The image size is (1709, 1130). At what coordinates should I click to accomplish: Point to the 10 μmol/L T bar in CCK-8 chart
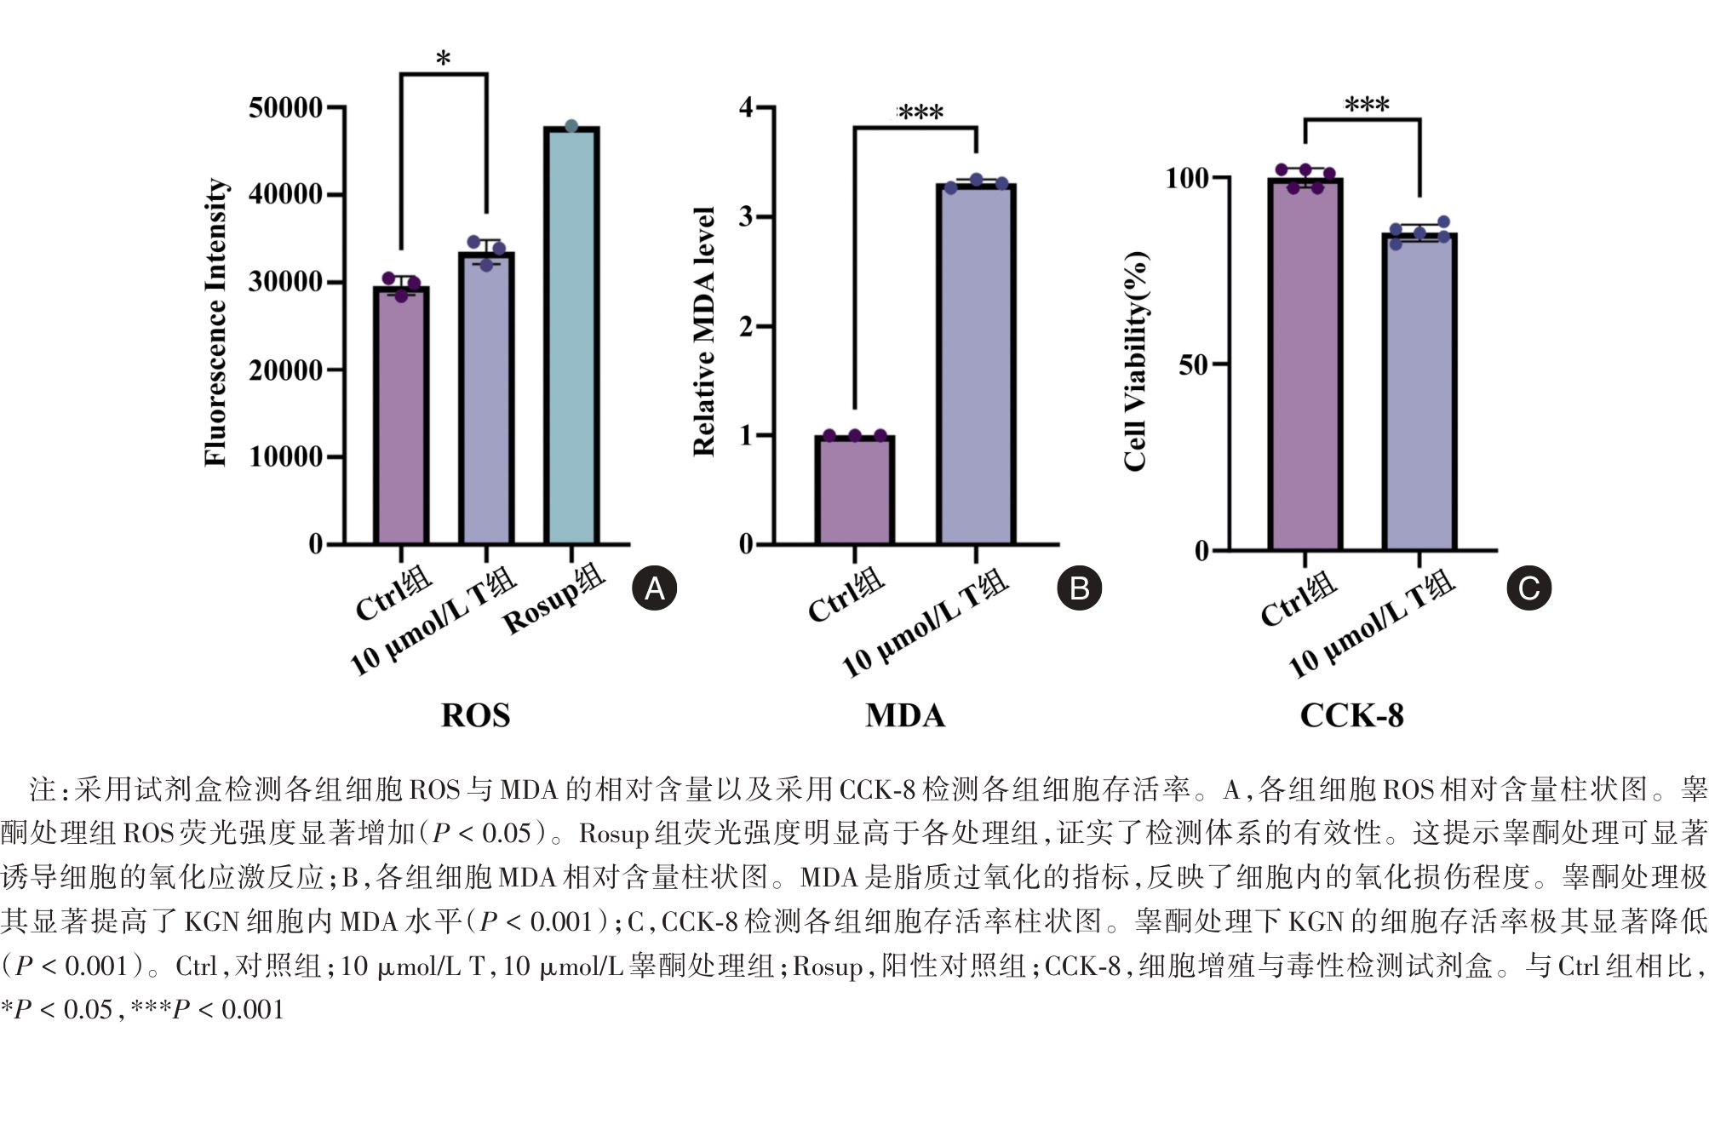pos(1419,392)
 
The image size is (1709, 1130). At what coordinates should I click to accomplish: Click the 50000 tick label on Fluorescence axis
pos(285,108)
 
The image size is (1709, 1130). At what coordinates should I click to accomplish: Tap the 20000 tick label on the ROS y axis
pos(285,370)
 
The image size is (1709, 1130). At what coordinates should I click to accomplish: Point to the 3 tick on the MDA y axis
pos(746,216)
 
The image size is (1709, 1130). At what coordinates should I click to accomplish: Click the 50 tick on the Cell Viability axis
pos(1193,365)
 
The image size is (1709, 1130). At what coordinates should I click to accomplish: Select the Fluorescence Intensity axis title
pos(215,323)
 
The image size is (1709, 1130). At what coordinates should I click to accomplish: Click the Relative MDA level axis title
pos(704,331)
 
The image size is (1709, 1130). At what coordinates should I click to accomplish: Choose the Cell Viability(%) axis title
pos(1135,361)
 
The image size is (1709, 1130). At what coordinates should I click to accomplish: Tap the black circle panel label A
pos(654,588)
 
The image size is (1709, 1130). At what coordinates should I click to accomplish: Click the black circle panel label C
pos(1528,588)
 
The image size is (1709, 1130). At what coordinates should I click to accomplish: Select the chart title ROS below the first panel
pos(475,715)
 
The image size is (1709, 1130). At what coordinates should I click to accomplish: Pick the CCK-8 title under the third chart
pos(1351,715)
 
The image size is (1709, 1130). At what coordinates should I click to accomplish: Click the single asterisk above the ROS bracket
pos(443,60)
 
